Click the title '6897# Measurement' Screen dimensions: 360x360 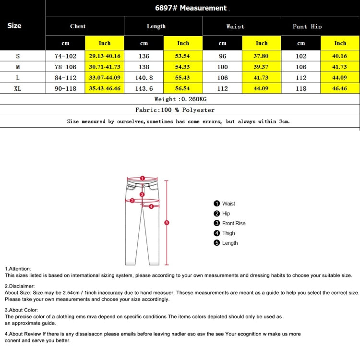click(191, 8)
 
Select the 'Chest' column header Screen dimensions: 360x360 click(78, 26)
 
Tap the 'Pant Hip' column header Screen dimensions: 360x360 click(307, 26)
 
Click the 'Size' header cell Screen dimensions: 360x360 click(14, 25)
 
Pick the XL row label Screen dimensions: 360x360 click(18, 88)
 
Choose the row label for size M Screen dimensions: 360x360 click(18, 67)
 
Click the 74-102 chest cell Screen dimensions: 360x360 click(65, 56)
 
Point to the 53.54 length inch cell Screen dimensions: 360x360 click(183, 56)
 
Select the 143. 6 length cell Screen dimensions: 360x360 click(144, 88)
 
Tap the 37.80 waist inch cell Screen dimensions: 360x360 click(262, 56)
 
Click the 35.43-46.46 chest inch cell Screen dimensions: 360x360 click(105, 88)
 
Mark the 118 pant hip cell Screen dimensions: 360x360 click(301, 88)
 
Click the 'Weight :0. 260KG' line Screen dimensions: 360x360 click(180, 99)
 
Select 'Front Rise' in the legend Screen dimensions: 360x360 click(233, 223)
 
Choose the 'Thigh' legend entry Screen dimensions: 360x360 click(228, 233)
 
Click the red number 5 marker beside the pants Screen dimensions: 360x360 click(167, 222)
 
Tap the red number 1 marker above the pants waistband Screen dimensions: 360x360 click(142, 178)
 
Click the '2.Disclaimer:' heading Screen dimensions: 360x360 click(20, 286)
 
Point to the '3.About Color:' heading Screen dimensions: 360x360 click(22, 310)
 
